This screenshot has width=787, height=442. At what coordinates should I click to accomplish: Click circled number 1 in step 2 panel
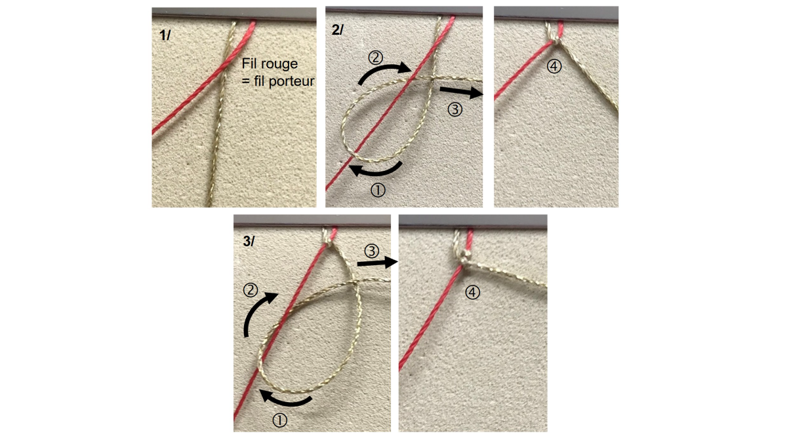378,189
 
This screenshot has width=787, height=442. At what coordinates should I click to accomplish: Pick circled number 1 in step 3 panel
280,421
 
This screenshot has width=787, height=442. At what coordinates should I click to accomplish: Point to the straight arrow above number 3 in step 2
461,92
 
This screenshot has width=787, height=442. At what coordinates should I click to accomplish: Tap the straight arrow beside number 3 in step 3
378,263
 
